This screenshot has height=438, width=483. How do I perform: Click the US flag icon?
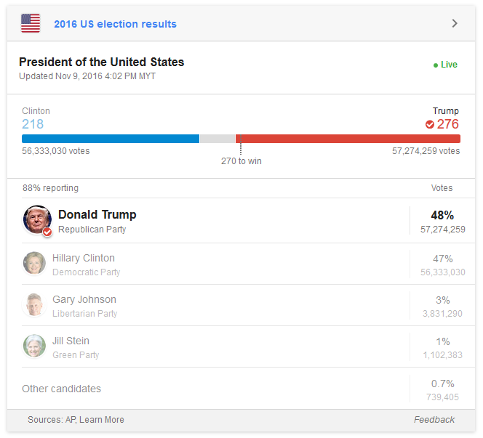(x=31, y=23)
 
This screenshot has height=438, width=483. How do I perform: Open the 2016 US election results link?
(x=115, y=24)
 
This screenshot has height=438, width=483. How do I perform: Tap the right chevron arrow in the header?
(x=455, y=23)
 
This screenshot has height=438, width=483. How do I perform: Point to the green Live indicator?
(x=445, y=65)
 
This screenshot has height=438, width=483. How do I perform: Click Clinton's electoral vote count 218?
(x=33, y=124)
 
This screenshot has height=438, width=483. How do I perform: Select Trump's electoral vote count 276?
(x=447, y=124)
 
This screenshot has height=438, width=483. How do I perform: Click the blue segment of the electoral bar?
(x=110, y=139)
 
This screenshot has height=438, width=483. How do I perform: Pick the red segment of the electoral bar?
(x=348, y=139)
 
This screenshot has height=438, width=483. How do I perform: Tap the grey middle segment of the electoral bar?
(x=217, y=139)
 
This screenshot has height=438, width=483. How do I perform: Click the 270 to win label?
(x=241, y=161)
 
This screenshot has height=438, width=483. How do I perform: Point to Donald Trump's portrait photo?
(x=37, y=219)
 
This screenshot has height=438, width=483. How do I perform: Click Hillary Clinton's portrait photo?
(x=33, y=263)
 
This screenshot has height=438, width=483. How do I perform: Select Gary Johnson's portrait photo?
(x=33, y=304)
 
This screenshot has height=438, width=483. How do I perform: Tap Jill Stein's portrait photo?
(x=33, y=346)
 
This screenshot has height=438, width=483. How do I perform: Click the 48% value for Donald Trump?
(x=442, y=215)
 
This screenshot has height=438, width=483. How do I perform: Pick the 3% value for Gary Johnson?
(x=442, y=300)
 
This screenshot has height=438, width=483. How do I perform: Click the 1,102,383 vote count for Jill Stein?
(x=442, y=355)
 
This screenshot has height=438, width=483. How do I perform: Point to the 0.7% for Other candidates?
(x=442, y=384)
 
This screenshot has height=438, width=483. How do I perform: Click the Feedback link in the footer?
(x=434, y=420)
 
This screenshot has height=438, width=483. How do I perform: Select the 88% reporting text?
(x=50, y=188)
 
